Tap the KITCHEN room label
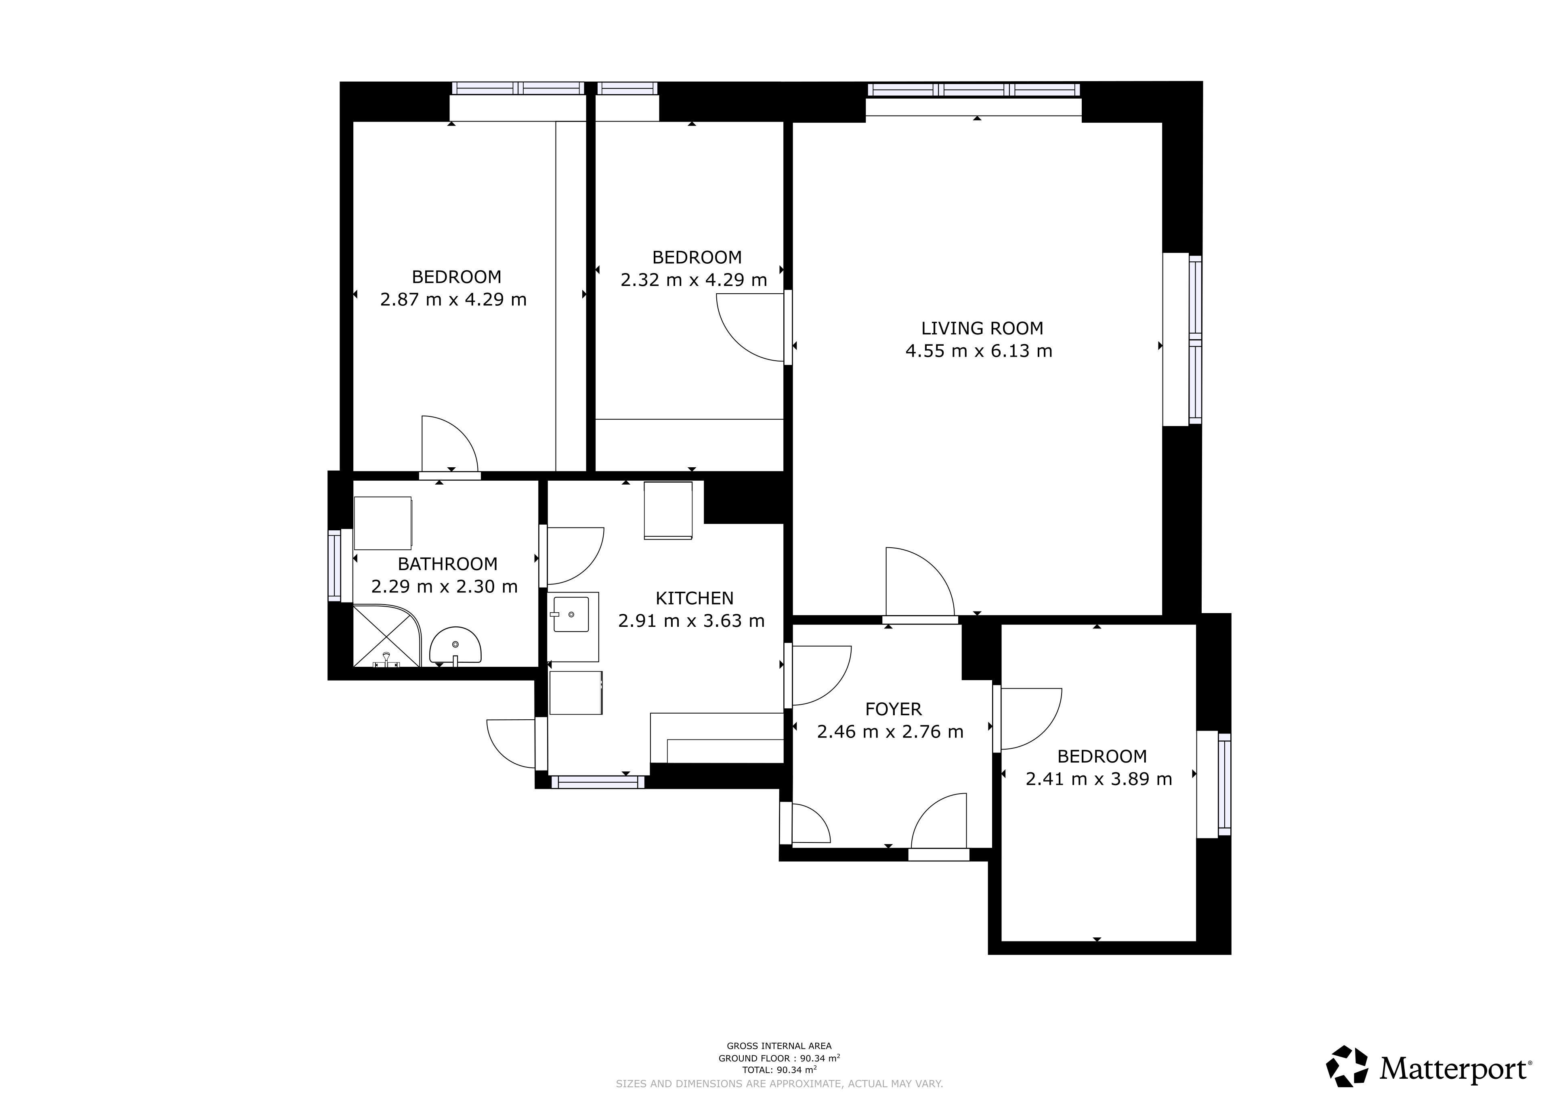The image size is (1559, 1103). click(695, 599)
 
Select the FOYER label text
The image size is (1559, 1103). click(894, 709)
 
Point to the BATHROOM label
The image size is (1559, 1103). click(447, 564)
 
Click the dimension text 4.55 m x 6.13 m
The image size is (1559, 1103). click(979, 351)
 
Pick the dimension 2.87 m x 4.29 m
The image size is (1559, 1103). click(453, 300)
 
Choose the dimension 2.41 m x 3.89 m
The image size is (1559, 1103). click(1099, 779)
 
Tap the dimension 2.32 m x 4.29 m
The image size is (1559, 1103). click(694, 280)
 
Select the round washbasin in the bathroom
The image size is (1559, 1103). click(455, 645)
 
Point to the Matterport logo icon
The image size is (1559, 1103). click(1348, 1066)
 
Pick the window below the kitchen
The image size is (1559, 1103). click(598, 782)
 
